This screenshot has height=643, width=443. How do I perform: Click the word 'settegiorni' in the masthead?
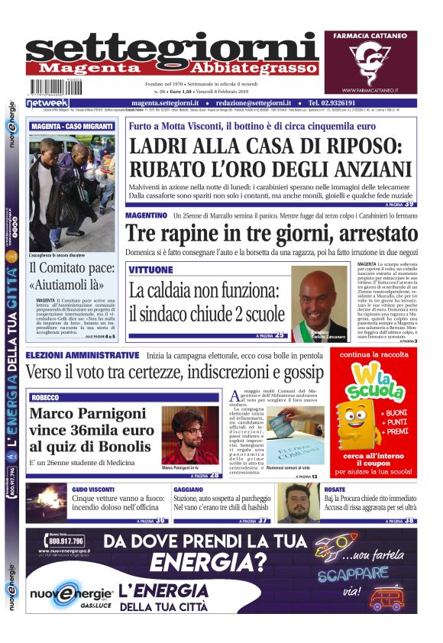[172, 49]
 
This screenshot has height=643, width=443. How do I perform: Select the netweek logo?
[47, 102]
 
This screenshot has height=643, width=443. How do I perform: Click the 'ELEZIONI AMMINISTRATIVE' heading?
[82, 356]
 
